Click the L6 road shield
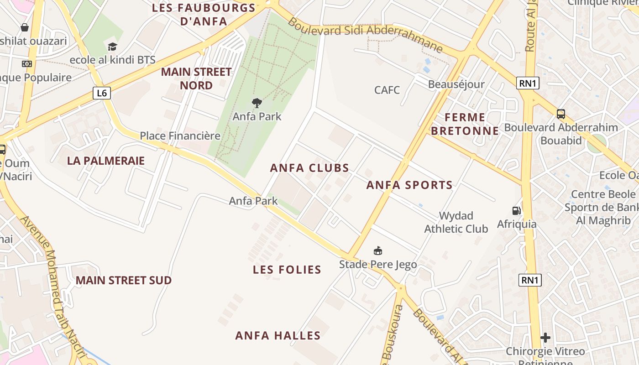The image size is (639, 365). pyautogui.click(x=102, y=93)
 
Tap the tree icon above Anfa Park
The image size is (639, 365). pyautogui.click(x=257, y=103)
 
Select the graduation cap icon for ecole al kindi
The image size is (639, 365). pyautogui.click(x=112, y=47)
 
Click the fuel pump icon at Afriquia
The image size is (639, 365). pyautogui.click(x=516, y=211)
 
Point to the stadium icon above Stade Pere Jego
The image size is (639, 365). pyautogui.click(x=377, y=250)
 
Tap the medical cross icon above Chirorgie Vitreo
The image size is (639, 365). pyautogui.click(x=545, y=338)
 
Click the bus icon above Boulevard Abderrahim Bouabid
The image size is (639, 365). pyautogui.click(x=560, y=114)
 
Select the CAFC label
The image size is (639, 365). pyautogui.click(x=387, y=90)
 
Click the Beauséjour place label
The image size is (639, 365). pyautogui.click(x=456, y=84)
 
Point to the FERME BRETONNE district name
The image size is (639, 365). pyautogui.click(x=465, y=124)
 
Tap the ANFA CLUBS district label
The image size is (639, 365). pyautogui.click(x=309, y=168)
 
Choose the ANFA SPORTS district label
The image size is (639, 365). pyautogui.click(x=409, y=185)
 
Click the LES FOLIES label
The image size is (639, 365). pyautogui.click(x=287, y=270)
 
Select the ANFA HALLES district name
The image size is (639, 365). pyautogui.click(x=278, y=336)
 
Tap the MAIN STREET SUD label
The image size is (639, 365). pyautogui.click(x=123, y=280)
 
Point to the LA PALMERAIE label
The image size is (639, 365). pyautogui.click(x=105, y=161)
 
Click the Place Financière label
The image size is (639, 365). pyautogui.click(x=180, y=136)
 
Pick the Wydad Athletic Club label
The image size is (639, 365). pyautogui.click(x=456, y=222)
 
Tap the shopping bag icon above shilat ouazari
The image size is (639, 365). pyautogui.click(x=25, y=28)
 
